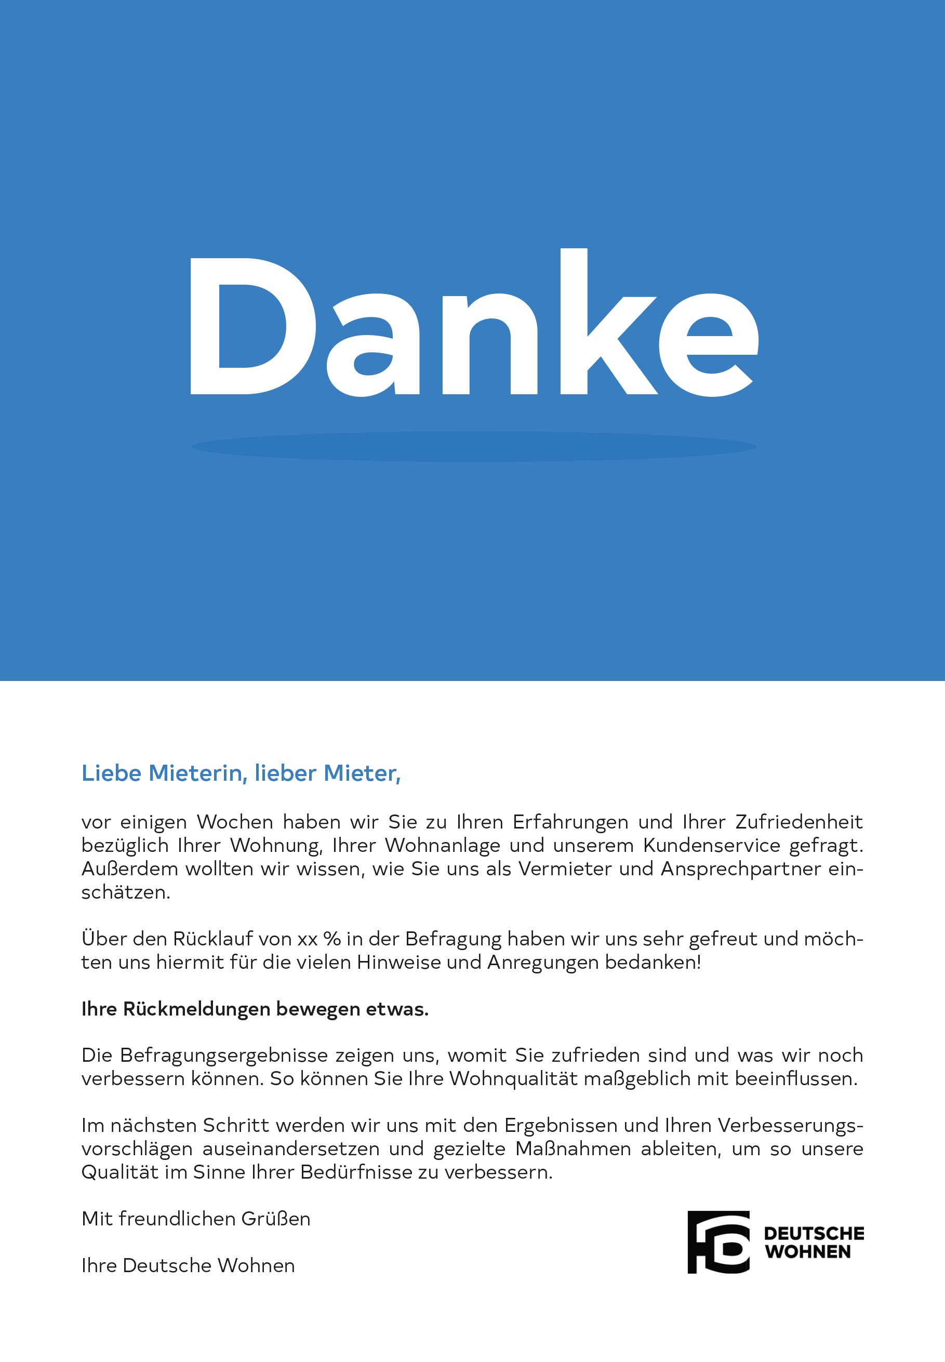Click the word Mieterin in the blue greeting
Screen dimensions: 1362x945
point(195,773)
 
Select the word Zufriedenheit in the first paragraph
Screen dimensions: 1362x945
point(798,822)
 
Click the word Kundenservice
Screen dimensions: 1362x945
point(712,845)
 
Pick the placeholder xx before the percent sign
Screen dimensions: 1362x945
point(308,939)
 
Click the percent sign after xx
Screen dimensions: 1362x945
point(332,939)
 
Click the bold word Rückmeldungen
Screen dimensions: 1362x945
point(196,1009)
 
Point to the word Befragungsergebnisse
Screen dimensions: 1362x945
point(223,1056)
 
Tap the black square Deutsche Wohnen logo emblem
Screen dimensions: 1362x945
point(717,1242)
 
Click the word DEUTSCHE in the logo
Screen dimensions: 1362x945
point(814,1233)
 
